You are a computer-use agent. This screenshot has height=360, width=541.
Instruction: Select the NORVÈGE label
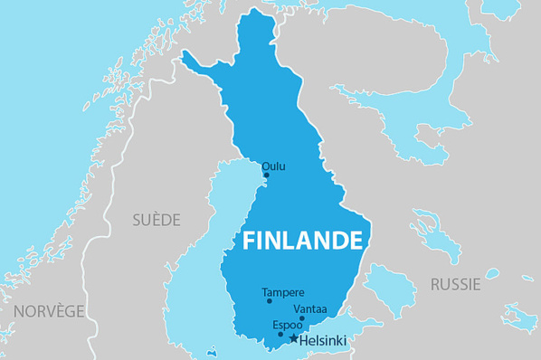(x=49, y=310)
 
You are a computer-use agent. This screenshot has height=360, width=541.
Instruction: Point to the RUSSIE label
(x=455, y=284)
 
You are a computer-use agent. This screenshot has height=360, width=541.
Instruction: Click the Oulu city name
(x=273, y=166)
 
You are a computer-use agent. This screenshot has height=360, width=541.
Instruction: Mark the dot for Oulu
(x=266, y=175)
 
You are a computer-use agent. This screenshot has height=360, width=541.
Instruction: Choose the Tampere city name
(x=283, y=292)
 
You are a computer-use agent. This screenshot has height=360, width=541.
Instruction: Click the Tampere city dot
(x=270, y=301)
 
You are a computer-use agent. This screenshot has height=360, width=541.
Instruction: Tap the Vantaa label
(x=310, y=308)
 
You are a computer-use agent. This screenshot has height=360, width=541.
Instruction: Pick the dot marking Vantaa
(x=301, y=318)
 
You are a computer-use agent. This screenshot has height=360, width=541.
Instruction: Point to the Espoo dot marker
(x=280, y=334)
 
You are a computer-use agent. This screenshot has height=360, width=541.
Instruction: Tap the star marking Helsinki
(x=292, y=338)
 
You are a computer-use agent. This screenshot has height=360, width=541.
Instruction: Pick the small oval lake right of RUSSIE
(x=492, y=273)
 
